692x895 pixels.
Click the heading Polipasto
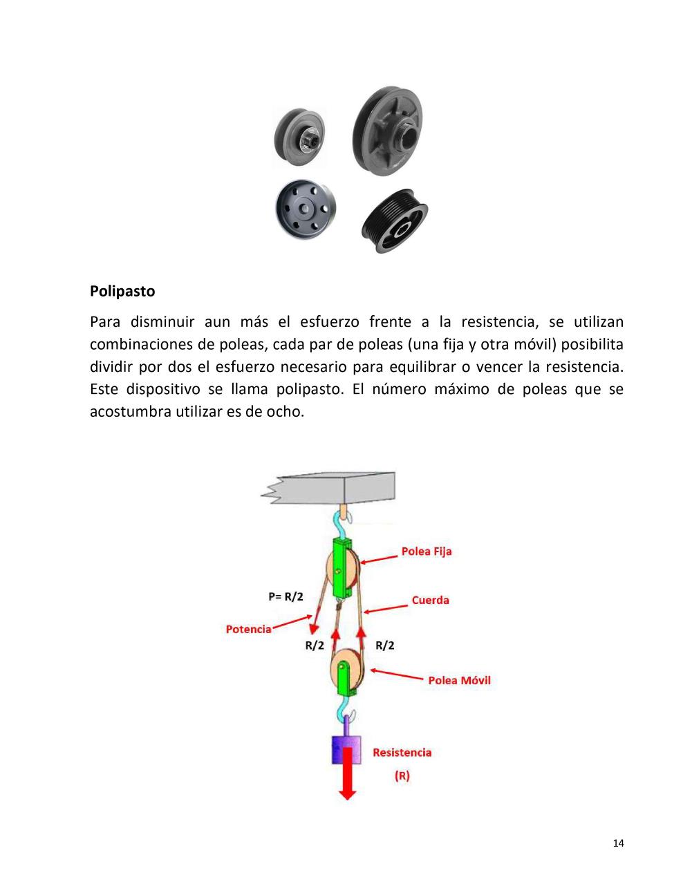coord(122,291)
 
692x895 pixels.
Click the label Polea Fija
coord(426,552)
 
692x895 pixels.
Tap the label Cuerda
coord(430,600)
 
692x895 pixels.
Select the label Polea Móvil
coord(459,680)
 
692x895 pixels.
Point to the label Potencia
coord(248,630)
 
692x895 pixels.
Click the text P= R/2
coord(286,596)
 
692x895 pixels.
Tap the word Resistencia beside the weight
coord(402,753)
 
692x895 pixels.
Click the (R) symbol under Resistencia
coord(402,775)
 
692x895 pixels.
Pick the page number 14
coord(618,843)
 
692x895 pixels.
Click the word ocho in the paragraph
coord(287,412)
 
